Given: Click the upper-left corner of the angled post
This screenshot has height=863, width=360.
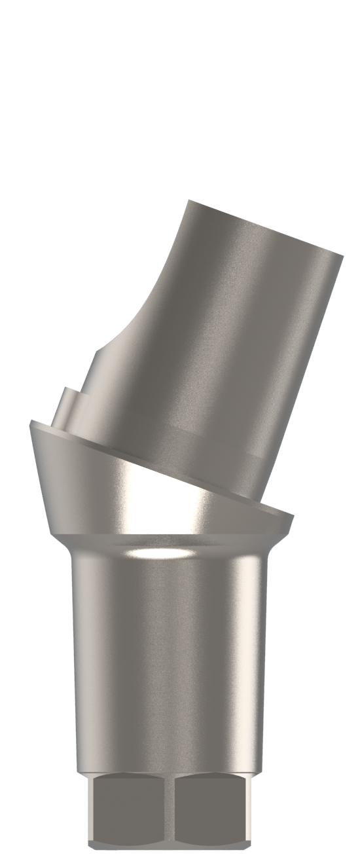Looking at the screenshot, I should tap(188, 201).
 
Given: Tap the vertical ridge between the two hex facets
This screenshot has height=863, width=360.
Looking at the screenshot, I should tap(175, 809).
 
